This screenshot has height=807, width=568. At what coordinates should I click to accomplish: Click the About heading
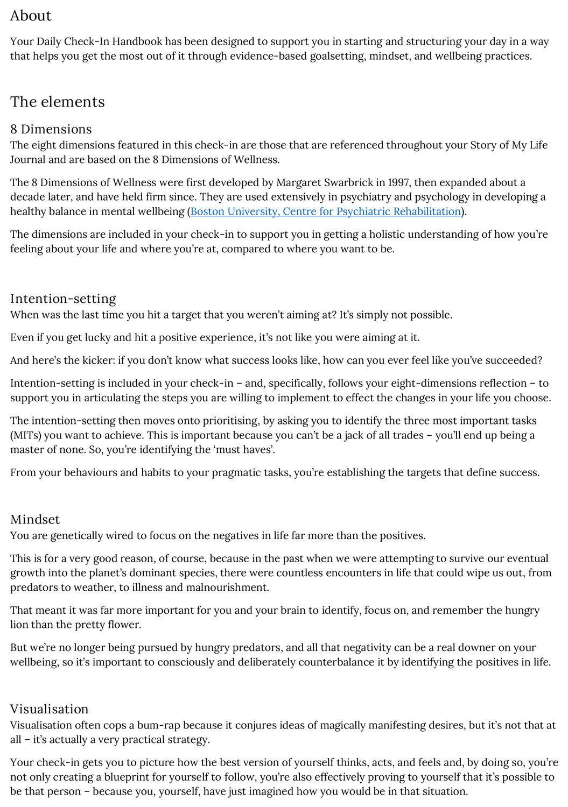click(x=31, y=16)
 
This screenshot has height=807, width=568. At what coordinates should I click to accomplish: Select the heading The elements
click(x=57, y=102)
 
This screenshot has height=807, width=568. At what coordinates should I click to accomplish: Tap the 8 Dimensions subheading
click(x=51, y=129)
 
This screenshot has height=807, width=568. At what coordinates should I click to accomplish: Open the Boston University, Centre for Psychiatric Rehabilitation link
click(x=326, y=211)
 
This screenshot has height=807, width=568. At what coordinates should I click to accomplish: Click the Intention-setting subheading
click(x=63, y=299)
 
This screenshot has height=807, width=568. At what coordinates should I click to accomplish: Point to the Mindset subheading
click(x=35, y=519)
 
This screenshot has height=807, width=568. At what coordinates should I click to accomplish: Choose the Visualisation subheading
click(x=49, y=709)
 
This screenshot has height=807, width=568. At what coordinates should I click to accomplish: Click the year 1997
click(x=398, y=182)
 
